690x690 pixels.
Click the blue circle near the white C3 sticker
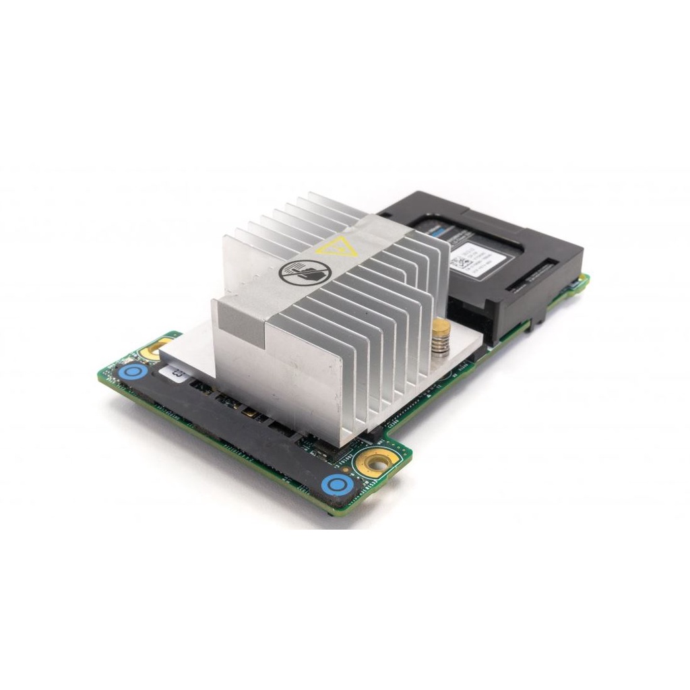(133, 372)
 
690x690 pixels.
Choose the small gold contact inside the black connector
(249, 412)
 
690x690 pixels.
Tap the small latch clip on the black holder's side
(536, 323)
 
